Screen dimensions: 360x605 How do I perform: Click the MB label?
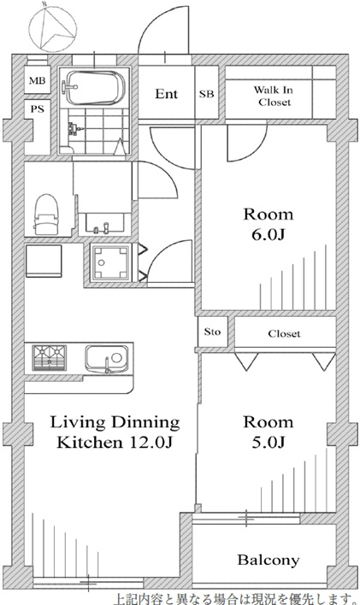click(x=37, y=80)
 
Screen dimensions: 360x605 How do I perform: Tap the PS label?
click(x=37, y=109)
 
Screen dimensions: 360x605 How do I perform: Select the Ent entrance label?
click(x=167, y=94)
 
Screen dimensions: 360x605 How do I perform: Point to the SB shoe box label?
click(x=207, y=94)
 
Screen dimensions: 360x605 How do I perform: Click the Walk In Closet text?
click(x=274, y=96)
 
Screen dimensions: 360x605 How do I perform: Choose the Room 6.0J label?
click(x=268, y=224)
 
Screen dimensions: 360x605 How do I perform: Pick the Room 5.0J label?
click(x=268, y=432)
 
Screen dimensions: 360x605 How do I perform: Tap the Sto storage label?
click(x=212, y=332)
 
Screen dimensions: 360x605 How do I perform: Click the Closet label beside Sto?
click(x=284, y=333)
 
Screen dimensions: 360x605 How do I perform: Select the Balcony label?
click(x=269, y=560)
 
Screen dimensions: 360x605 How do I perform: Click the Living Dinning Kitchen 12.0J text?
click(x=115, y=432)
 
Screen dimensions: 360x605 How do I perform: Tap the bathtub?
click(x=93, y=87)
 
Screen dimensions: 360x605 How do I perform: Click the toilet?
click(x=46, y=214)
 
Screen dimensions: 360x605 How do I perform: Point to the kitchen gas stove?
click(x=49, y=358)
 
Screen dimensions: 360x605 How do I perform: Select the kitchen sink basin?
click(x=107, y=359)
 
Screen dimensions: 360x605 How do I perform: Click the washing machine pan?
click(x=110, y=262)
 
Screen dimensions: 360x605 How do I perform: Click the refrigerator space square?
click(x=44, y=261)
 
